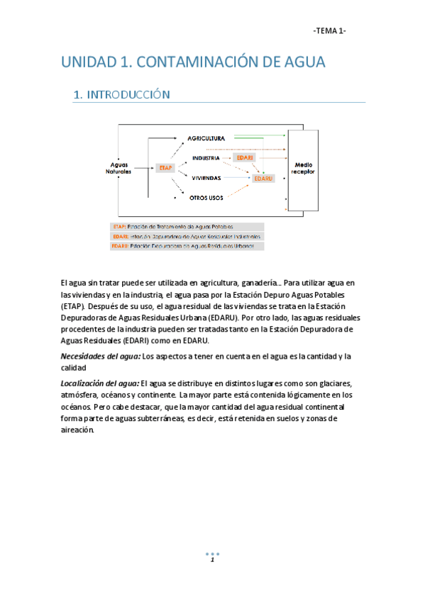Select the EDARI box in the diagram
coord(245,157)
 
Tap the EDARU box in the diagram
coord(263,179)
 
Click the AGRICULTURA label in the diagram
coord(206,137)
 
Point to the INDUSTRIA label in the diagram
coord(206,158)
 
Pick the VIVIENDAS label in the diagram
coord(206,178)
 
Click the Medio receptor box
coord(304,168)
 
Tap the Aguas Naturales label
coord(119,168)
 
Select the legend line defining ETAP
coord(173,227)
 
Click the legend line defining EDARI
coord(187,236)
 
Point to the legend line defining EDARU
coord(187,246)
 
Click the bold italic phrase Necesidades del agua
coord(99,355)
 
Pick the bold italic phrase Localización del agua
coord(99,383)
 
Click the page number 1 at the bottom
coord(211,560)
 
